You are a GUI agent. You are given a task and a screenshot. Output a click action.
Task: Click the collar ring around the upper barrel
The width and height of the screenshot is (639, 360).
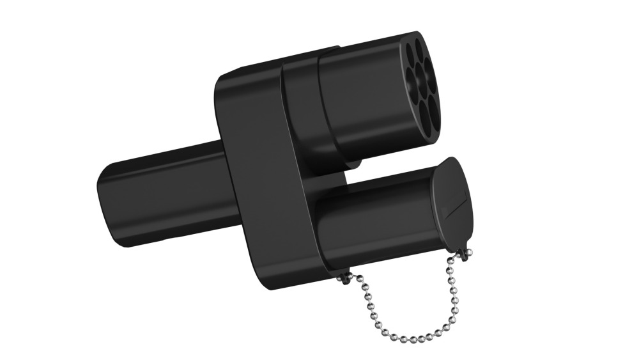[x=300, y=102]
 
